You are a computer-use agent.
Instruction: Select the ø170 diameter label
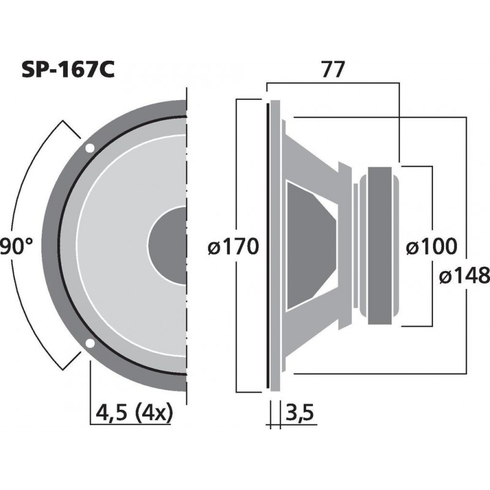coord(234,247)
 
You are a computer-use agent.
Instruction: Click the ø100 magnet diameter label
coord(432,247)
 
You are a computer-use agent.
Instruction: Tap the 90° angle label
coord(16,247)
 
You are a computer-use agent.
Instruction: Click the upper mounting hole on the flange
coord(89,148)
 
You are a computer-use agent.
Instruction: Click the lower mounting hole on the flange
coord(89,343)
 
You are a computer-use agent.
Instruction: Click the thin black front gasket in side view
coord(268,245)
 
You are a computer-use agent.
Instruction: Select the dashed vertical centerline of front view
coord(186,245)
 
